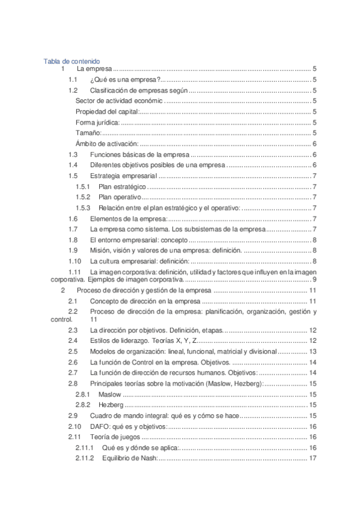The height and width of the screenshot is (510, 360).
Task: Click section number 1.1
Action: tap(72, 80)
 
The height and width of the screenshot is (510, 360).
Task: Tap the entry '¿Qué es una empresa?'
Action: tap(124, 80)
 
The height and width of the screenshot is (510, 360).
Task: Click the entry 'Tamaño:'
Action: tap(88, 133)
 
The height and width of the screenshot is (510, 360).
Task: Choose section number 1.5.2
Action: tap(83, 197)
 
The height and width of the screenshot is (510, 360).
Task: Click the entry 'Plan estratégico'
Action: tap(122, 187)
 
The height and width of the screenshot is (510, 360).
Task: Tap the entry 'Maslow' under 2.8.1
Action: tap(109, 395)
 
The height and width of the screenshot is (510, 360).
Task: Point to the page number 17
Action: tap(313, 459)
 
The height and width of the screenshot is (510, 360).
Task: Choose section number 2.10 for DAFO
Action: tap(74, 426)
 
